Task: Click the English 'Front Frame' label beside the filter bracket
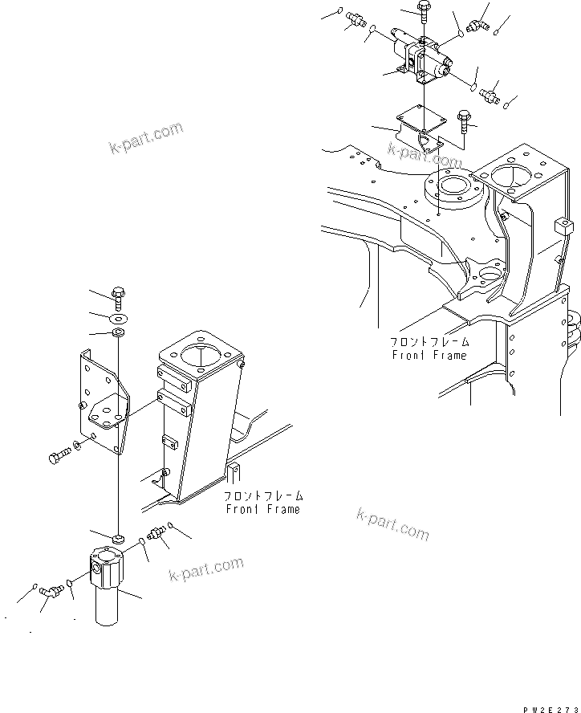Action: point(262,509)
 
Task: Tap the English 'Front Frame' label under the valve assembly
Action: point(429,354)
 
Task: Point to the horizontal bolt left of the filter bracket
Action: point(60,457)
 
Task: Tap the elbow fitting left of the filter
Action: point(55,593)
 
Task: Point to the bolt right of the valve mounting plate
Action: point(465,120)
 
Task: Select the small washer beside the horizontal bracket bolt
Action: point(77,446)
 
